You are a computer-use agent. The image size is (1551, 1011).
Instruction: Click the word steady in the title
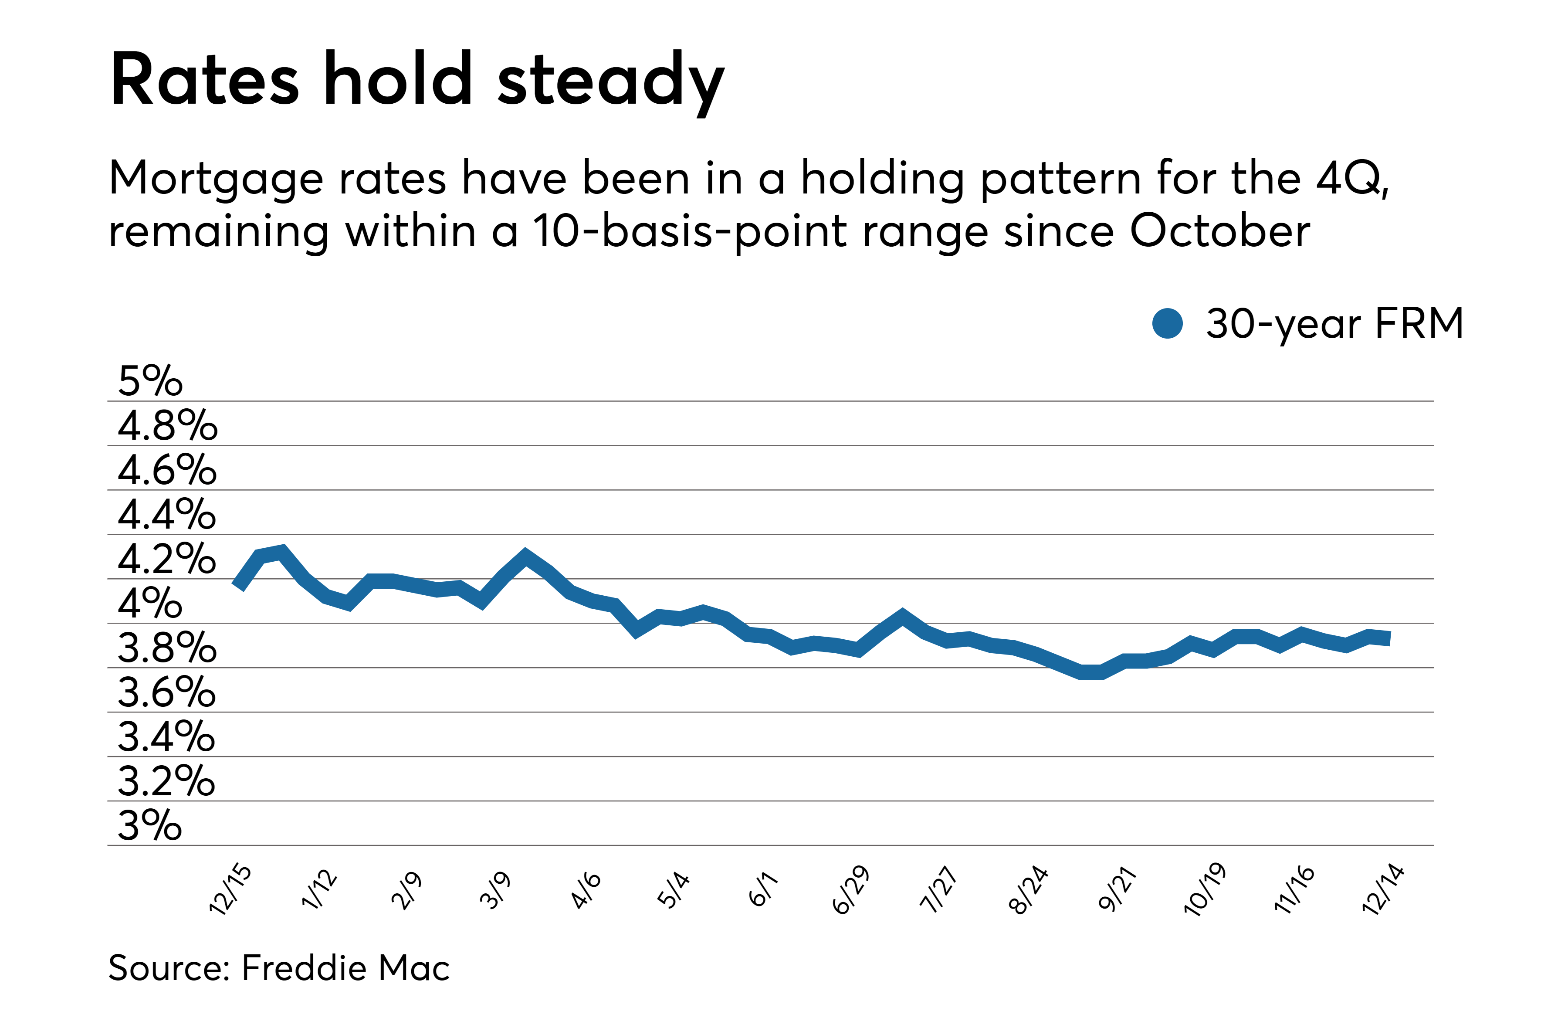(x=610, y=81)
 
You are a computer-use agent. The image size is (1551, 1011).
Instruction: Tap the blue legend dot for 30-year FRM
(x=1167, y=323)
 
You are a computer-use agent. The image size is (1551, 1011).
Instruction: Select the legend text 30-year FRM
(x=1334, y=323)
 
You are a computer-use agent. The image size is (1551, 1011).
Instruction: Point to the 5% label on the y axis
(x=150, y=381)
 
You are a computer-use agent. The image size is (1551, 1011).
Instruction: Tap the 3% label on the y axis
(x=150, y=825)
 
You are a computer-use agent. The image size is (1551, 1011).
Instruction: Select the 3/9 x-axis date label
(x=495, y=890)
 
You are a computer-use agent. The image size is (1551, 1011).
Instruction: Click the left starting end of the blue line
(x=238, y=585)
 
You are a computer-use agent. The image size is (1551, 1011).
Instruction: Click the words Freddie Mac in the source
(x=345, y=967)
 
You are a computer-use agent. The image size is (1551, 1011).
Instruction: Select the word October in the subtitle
(x=1219, y=231)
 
